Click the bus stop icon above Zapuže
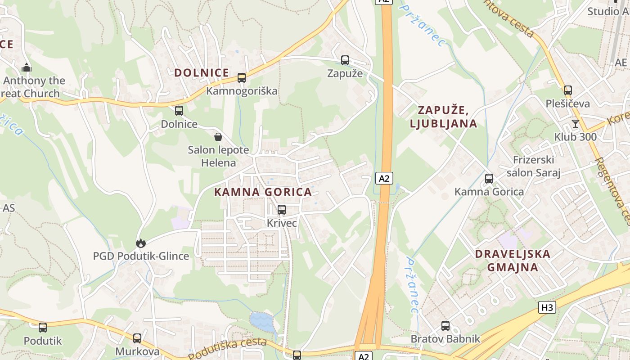[345, 60]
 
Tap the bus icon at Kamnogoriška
[242, 77]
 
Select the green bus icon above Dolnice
[179, 110]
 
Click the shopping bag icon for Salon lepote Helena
[218, 136]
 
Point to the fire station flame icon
[141, 243]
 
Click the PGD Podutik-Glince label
[141, 256]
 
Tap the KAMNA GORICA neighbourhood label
[263, 192]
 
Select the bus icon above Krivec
[282, 209]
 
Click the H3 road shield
[547, 308]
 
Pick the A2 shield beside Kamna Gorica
[384, 178]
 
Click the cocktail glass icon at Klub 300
[576, 123]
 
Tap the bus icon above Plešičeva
[568, 90]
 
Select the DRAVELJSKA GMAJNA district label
[513, 261]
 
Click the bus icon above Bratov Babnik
[445, 325]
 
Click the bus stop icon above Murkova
[137, 338]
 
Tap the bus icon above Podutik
[43, 327]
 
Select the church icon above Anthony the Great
[27, 67]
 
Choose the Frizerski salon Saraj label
[533, 166]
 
